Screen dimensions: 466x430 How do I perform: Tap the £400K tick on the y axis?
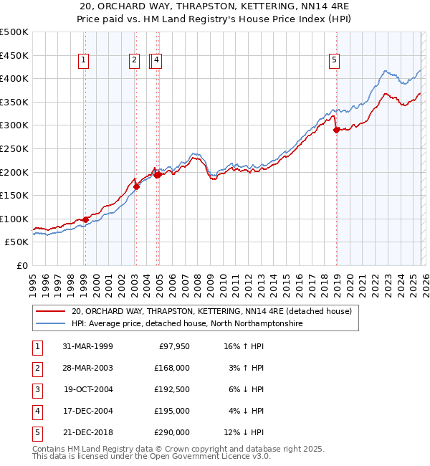14,79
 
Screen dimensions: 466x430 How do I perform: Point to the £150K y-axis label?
14,195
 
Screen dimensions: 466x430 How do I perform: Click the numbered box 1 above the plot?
85,61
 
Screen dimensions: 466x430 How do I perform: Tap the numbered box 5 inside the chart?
335,61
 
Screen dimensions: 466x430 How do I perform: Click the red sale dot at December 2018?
336,130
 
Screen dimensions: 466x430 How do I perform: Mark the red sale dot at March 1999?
86,219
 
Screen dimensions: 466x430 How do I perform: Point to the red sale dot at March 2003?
136,186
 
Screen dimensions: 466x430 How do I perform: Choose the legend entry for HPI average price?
186,324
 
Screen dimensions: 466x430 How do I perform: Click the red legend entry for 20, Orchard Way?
211,312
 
